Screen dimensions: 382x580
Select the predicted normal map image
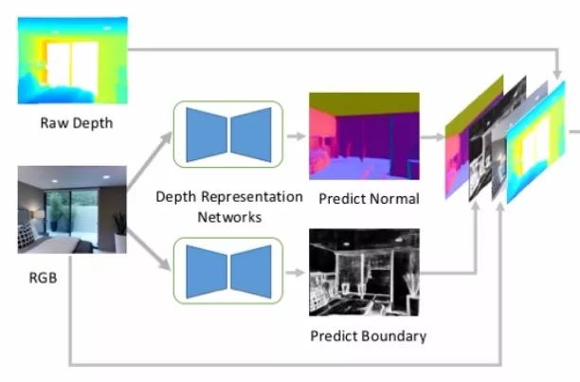363,136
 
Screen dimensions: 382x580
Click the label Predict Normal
369,199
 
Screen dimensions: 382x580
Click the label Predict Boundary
368,336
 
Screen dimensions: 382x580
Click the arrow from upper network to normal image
295,136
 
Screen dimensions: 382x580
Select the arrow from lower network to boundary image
295,272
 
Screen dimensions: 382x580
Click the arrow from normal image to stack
432,136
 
